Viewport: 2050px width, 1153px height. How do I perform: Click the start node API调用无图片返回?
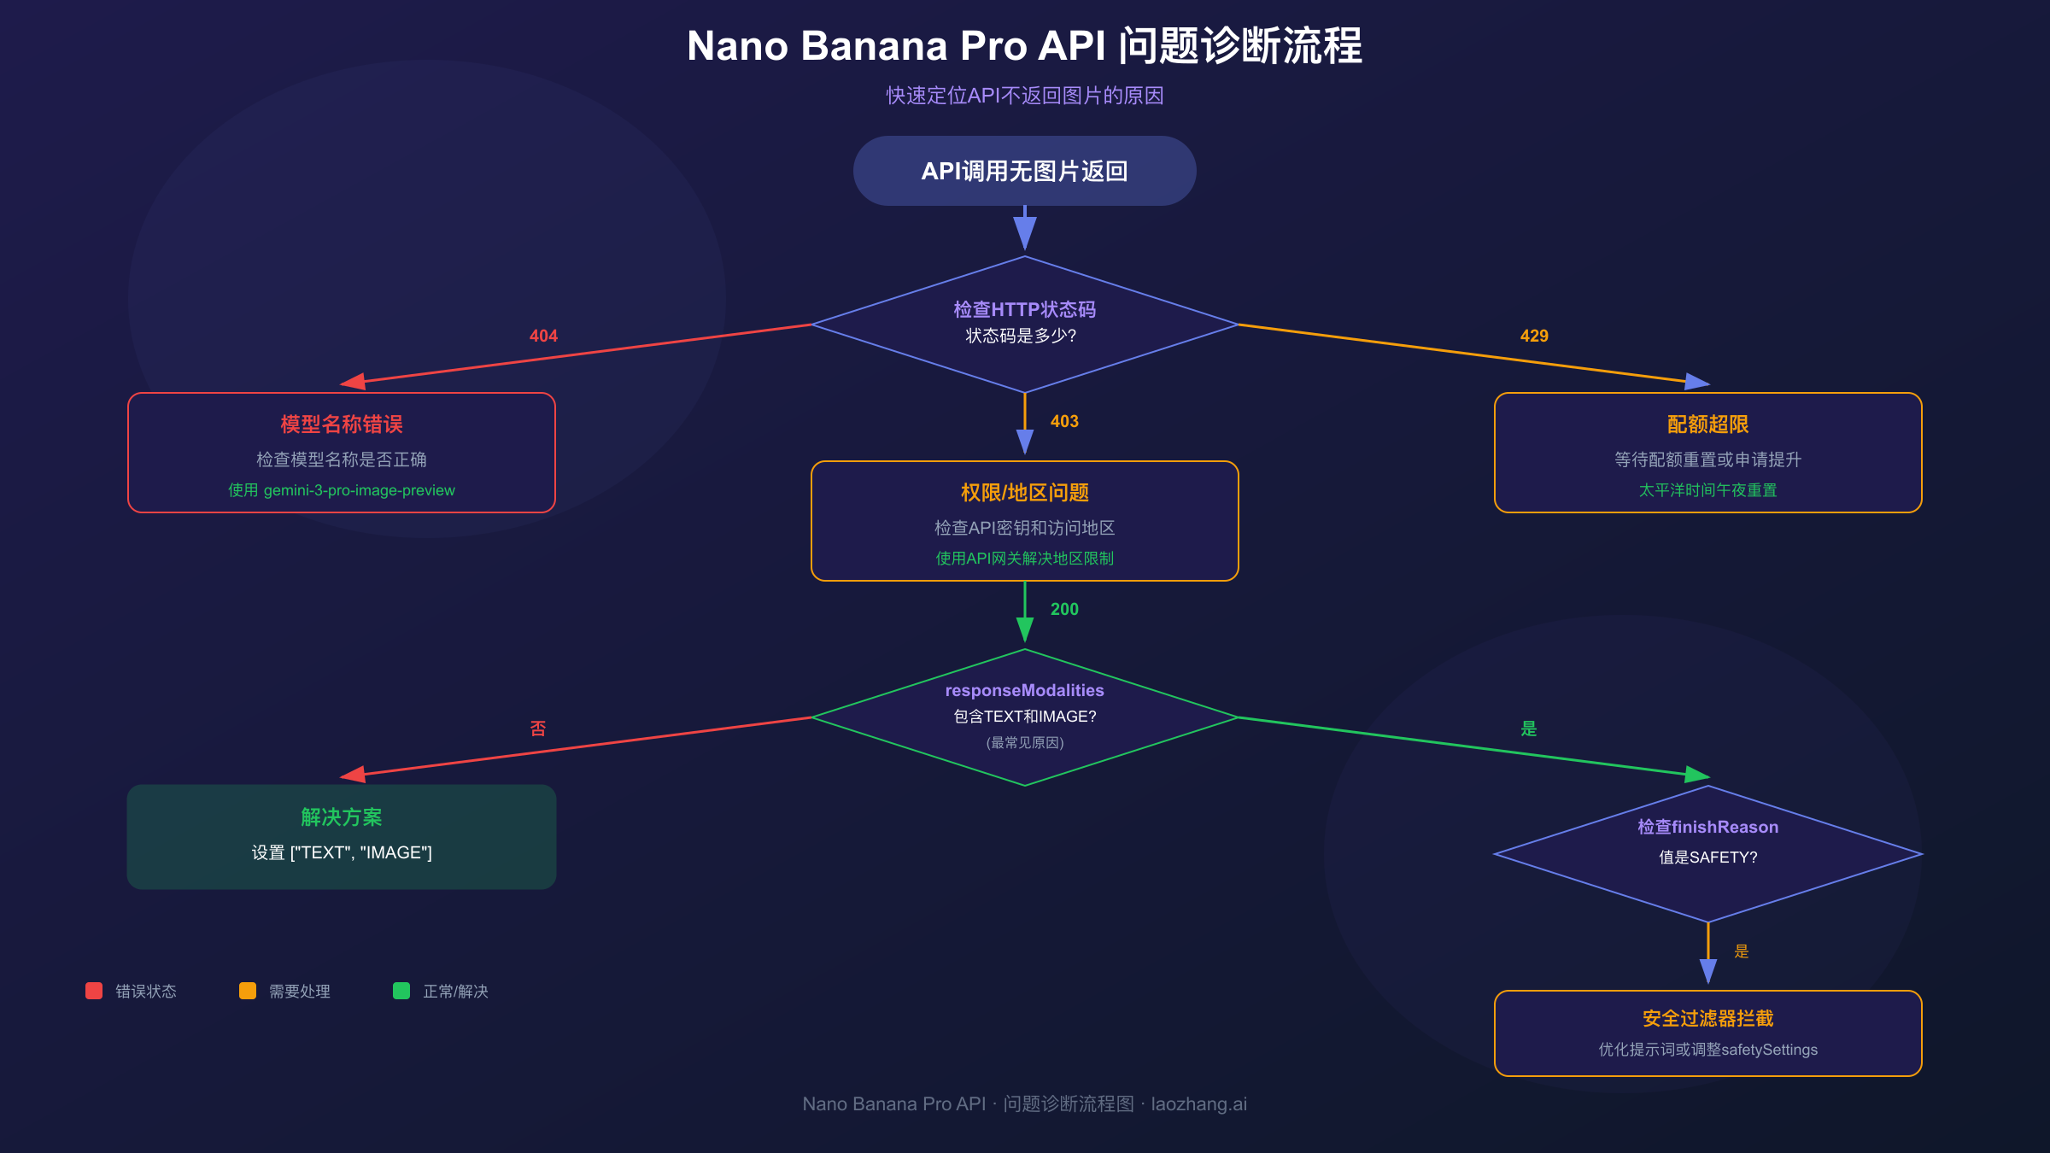pyautogui.click(x=1024, y=171)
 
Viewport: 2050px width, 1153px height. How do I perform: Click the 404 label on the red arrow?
pyautogui.click(x=543, y=336)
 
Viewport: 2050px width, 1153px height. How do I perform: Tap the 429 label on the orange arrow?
pyautogui.click(x=1534, y=336)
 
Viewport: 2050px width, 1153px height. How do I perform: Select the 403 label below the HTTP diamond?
pyautogui.click(x=1064, y=421)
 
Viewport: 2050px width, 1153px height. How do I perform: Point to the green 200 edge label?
pyautogui.click(x=1064, y=609)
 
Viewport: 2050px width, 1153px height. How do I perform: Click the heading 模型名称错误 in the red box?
pyautogui.click(x=342, y=424)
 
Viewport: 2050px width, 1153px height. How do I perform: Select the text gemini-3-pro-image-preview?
pyautogui.click(x=359, y=490)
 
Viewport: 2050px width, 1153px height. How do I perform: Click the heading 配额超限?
pyautogui.click(x=1707, y=424)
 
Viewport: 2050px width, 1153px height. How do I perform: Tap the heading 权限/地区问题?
pyautogui.click(x=1024, y=493)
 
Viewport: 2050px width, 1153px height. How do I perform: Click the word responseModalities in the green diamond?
pyautogui.click(x=1024, y=690)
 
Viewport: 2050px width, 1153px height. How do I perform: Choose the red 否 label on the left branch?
pyautogui.click(x=538, y=729)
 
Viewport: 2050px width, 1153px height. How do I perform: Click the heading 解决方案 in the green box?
pyautogui.click(x=342, y=817)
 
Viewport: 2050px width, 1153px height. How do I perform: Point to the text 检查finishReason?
pyautogui.click(x=1707, y=827)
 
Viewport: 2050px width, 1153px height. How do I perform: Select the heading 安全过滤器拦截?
pyautogui.click(x=1707, y=1018)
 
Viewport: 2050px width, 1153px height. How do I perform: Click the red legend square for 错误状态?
pyautogui.click(x=94, y=991)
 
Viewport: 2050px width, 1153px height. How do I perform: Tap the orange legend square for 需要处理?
pyautogui.click(x=248, y=991)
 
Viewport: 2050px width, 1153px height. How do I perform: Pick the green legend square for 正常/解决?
pyautogui.click(x=401, y=991)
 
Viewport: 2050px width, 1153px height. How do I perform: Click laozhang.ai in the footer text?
pyautogui.click(x=1198, y=1103)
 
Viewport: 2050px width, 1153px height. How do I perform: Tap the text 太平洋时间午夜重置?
pyautogui.click(x=1707, y=490)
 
